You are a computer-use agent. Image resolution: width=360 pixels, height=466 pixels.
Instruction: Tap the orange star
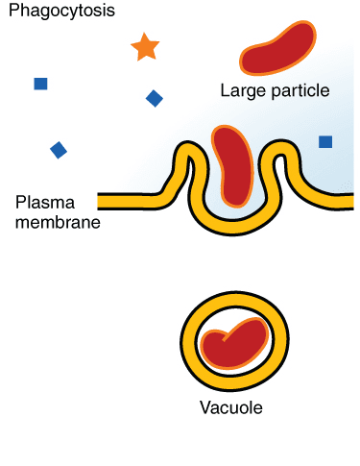coord(144,46)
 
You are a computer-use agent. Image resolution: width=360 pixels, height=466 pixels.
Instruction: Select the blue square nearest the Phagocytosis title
coord(40,84)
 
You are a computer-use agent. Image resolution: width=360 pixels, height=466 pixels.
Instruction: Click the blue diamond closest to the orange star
coord(154,98)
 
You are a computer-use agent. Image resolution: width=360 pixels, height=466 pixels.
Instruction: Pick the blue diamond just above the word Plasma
coord(59,149)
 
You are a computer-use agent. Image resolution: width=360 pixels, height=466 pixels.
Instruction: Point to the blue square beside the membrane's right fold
coord(325,142)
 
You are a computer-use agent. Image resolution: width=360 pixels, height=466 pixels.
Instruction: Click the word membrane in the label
coord(58,222)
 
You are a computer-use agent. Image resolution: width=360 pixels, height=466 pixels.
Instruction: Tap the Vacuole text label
coord(230,407)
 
